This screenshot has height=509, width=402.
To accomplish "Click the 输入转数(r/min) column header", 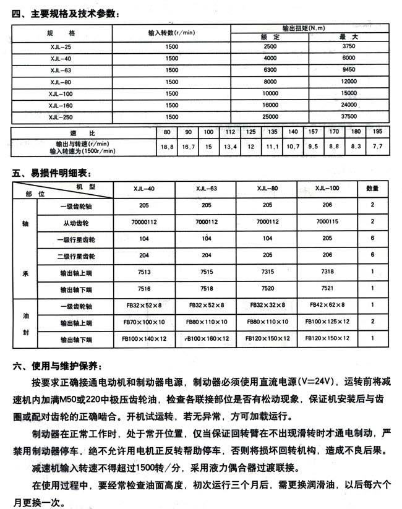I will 172,32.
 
